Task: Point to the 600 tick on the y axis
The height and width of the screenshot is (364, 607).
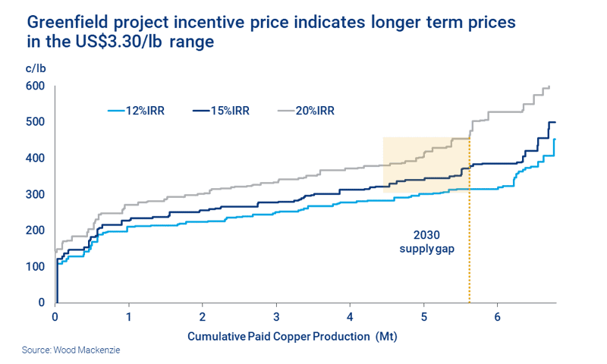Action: click(x=35, y=86)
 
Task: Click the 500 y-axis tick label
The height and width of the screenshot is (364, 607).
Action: click(x=35, y=122)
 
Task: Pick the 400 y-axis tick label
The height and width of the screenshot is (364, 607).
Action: click(x=35, y=158)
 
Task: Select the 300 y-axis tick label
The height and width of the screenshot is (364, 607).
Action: click(x=35, y=195)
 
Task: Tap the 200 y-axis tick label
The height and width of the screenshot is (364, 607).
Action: click(x=35, y=231)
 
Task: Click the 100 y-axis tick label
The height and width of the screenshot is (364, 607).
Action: click(x=35, y=267)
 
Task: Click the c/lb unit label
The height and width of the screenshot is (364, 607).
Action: click(x=36, y=69)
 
